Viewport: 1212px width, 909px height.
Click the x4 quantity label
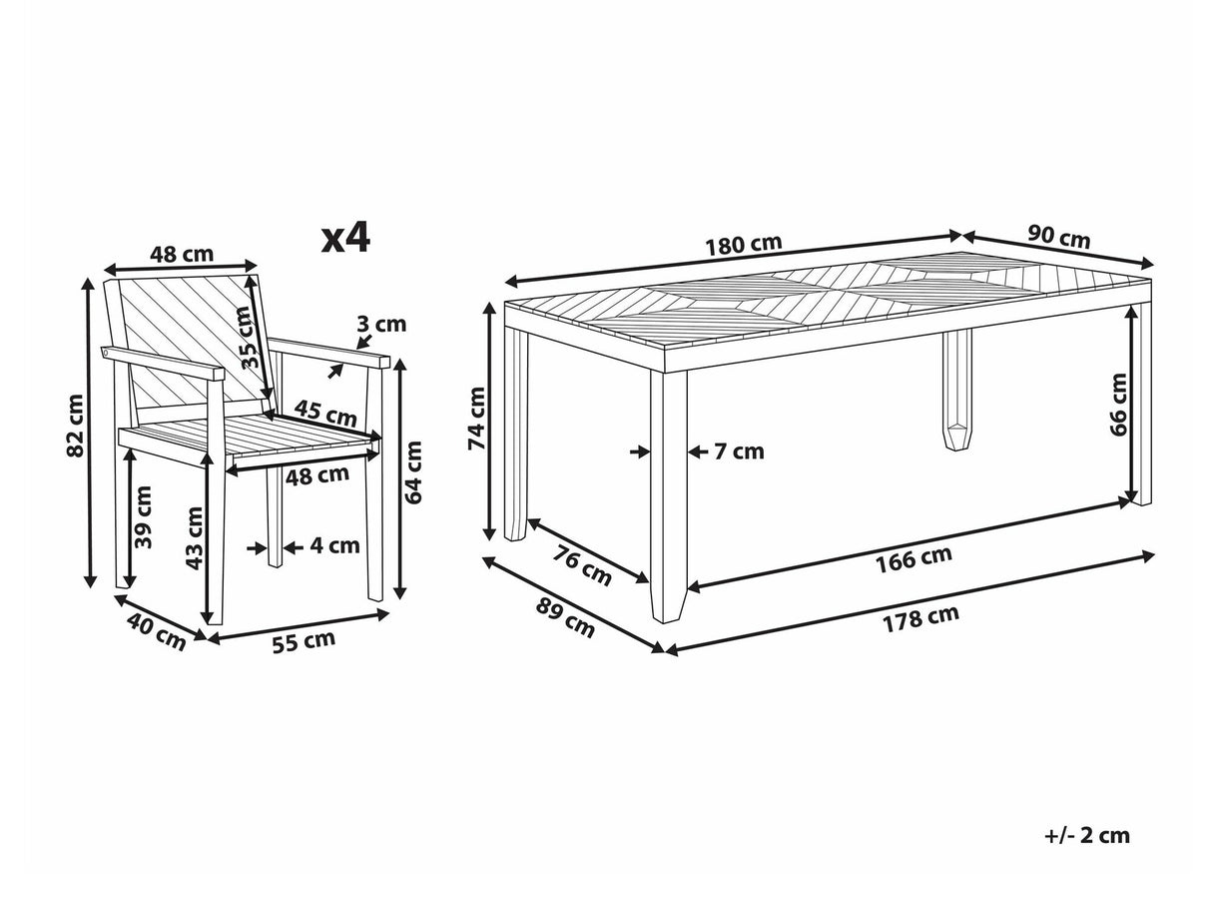345,238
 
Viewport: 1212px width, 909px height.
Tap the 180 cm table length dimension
745,244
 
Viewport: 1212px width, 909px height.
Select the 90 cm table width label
1059,237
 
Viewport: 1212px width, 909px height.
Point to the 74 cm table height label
476,419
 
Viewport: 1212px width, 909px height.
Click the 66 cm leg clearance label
1118,405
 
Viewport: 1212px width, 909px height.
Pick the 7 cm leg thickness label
740,452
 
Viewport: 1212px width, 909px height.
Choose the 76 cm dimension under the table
581,565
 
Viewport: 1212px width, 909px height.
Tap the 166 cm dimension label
913,558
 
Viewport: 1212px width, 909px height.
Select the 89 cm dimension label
565,618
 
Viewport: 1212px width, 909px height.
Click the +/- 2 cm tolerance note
1087,835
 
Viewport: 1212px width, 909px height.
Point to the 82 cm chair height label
75,426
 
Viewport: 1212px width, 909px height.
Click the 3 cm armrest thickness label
381,324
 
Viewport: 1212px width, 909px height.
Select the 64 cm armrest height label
413,472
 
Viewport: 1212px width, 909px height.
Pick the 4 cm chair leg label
334,545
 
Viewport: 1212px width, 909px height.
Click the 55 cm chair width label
303,641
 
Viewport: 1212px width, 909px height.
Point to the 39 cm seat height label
143,516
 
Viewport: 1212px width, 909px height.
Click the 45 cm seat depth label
325,413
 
